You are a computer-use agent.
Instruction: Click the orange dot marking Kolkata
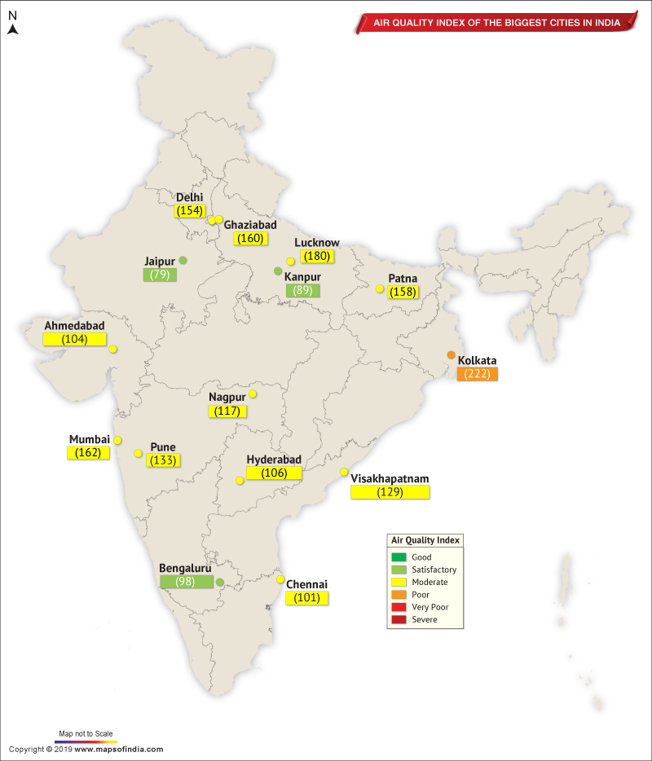tap(451, 354)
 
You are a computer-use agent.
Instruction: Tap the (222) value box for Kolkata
tap(478, 374)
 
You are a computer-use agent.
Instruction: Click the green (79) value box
tap(160, 275)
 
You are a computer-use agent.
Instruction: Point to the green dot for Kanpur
tap(278, 271)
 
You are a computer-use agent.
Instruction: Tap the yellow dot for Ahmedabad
tap(112, 349)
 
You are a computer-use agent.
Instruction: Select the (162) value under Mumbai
tap(88, 452)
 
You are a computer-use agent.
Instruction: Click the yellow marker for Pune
tap(139, 452)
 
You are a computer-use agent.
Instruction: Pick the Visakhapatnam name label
tap(390, 478)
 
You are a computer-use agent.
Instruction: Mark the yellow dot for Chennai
tap(280, 579)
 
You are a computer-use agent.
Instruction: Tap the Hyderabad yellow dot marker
tap(239, 481)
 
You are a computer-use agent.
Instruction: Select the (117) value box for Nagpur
tap(227, 411)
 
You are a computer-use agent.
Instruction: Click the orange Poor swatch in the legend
tap(399, 595)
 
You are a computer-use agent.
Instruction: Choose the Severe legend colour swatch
tap(399, 620)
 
